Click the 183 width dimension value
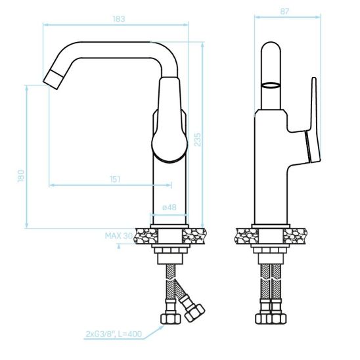click(119, 19)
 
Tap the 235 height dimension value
click(198, 139)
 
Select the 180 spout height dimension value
click(21, 176)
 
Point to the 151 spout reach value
click(115, 179)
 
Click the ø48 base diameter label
click(169, 208)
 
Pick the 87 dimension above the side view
click(284, 11)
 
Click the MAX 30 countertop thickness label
click(119, 236)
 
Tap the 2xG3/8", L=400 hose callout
click(114, 334)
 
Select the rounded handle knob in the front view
click(169, 145)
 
